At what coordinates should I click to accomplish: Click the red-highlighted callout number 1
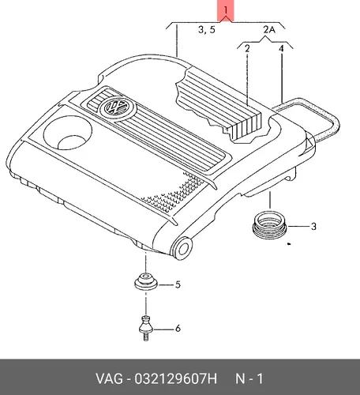pos(226,10)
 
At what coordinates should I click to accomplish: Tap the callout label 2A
pos(269,29)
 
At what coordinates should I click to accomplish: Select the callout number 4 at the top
pos(281,49)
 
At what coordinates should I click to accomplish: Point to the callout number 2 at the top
pos(247,49)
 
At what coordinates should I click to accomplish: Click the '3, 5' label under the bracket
pos(207,29)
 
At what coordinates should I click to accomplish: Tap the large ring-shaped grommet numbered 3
pos(269,225)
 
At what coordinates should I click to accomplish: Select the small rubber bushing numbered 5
pos(145,282)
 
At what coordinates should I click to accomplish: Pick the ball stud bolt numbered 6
pos(146,328)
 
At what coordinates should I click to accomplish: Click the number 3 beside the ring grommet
pos(313,227)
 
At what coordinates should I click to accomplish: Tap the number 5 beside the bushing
pos(178,284)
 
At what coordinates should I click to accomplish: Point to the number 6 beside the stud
pos(178,329)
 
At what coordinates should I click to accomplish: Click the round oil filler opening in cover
pos(68,133)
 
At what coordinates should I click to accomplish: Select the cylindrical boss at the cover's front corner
pos(182,248)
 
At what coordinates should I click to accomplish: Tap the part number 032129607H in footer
pos(175,379)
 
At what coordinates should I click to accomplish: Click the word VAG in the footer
pos(109,379)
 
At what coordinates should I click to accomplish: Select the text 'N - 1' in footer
pos(249,379)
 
